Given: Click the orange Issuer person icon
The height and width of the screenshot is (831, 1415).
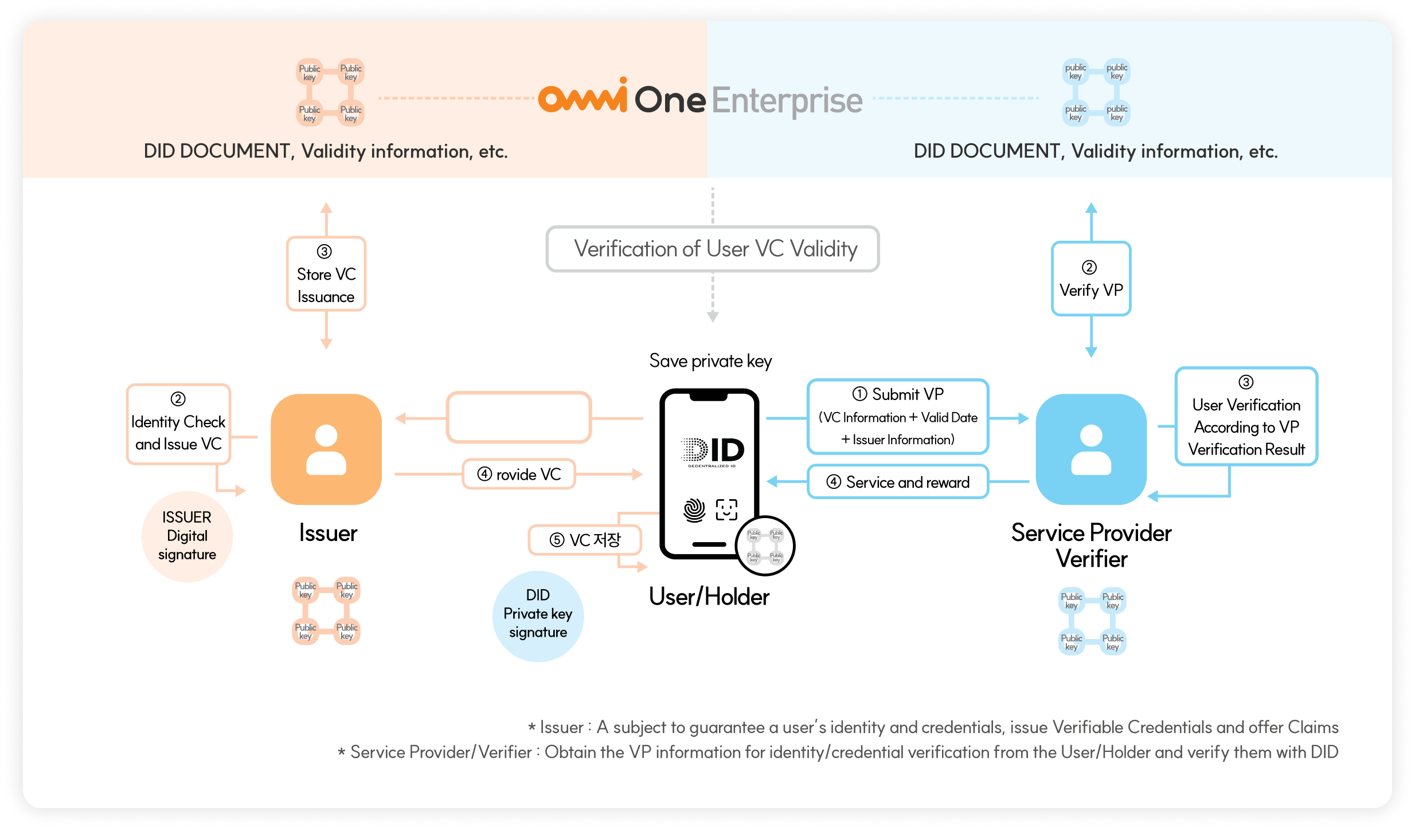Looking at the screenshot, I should click(x=326, y=449).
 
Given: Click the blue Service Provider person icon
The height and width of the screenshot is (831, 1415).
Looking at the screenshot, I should click(x=1091, y=449).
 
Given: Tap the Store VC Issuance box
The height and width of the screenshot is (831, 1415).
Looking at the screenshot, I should click(x=326, y=274).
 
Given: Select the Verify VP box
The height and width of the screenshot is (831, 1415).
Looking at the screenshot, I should click(x=1091, y=279).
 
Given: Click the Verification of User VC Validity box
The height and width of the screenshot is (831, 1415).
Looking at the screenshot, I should click(x=713, y=249).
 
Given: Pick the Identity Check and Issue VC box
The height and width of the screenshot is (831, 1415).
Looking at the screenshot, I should click(x=178, y=424).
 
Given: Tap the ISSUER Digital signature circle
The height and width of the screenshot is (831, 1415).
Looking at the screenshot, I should click(x=187, y=536).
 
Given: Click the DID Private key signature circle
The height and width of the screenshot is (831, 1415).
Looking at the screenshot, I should click(x=538, y=614).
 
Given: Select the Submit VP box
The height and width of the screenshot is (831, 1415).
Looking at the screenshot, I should click(x=898, y=417).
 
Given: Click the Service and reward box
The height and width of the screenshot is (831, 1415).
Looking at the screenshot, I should click(x=898, y=482).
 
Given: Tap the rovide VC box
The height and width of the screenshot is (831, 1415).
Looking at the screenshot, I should click(x=519, y=474).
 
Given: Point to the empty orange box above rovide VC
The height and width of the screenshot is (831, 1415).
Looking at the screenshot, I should click(x=519, y=417).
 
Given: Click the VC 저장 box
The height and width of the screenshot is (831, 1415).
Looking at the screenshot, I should click(x=585, y=540).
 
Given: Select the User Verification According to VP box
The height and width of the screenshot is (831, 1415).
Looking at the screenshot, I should click(x=1246, y=417).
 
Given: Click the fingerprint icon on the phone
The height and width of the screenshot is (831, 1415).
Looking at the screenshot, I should click(x=694, y=509).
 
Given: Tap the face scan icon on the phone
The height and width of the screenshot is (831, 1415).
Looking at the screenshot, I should click(x=726, y=509).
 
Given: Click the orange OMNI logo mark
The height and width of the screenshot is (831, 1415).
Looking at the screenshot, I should click(x=583, y=97).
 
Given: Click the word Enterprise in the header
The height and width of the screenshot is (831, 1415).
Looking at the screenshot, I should click(x=787, y=100).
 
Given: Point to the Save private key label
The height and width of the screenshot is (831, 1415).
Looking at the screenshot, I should click(x=710, y=361).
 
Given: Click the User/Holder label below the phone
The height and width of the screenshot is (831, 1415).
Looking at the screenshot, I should click(x=709, y=597).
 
